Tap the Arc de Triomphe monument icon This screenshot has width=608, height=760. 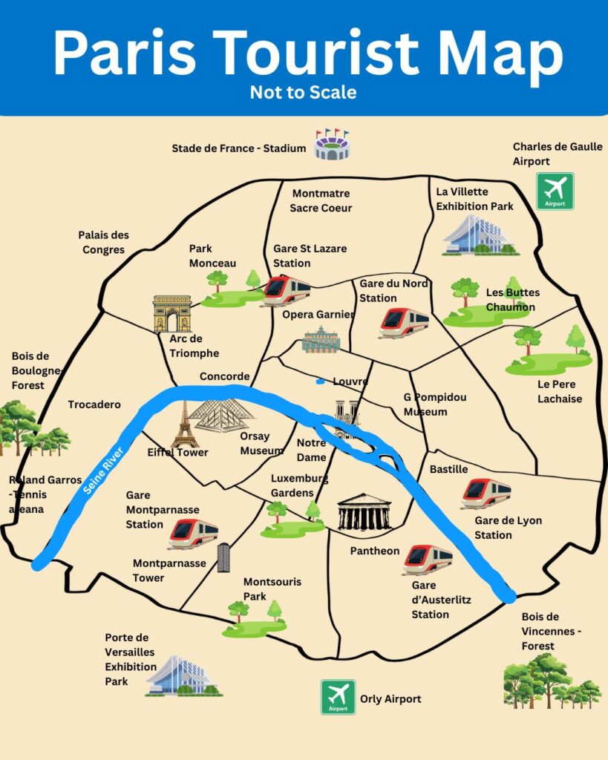tap(172, 313)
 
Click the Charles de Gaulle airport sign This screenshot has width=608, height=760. tap(555, 191)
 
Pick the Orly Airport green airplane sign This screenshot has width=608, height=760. tap(338, 697)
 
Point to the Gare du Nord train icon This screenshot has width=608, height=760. tap(405, 322)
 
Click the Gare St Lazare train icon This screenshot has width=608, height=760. tap(287, 289)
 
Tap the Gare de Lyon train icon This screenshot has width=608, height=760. tap(486, 493)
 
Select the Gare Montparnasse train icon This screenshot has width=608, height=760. tap(193, 533)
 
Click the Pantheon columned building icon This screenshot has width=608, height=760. tap(364, 512)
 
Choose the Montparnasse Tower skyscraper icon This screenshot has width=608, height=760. tap(223, 557)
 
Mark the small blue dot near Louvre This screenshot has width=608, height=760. tap(320, 382)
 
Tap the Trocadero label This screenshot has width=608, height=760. tap(94, 404)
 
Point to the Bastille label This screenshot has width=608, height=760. tap(449, 469)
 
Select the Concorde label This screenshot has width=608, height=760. tap(224, 376)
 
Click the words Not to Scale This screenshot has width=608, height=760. tap(303, 92)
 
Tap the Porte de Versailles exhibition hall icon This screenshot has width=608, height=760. tap(183, 675)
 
